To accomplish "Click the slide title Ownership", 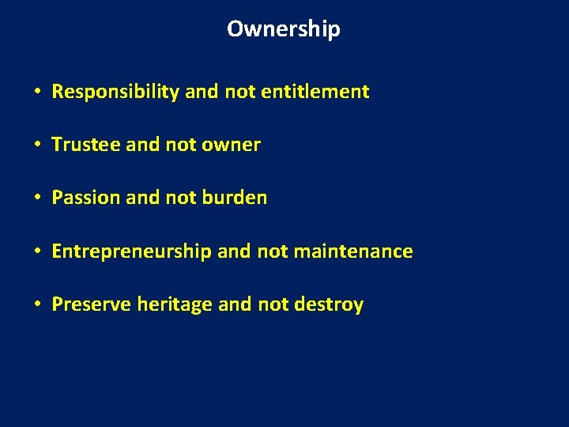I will pyautogui.click(x=284, y=29).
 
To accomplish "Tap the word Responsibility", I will pyautogui.click(x=115, y=92).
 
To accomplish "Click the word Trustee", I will pyautogui.click(x=85, y=145).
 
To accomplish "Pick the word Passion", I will pyautogui.click(x=85, y=198).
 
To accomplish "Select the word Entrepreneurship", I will pyautogui.click(x=131, y=251).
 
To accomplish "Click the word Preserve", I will pyautogui.click(x=91, y=304).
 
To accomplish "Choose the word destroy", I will pyautogui.click(x=329, y=304).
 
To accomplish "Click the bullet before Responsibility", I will pyautogui.click(x=38, y=93).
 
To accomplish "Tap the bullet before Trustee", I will pyautogui.click(x=38, y=145).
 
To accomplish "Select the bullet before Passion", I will pyautogui.click(x=38, y=198).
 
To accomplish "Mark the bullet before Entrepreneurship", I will pyautogui.click(x=38, y=252).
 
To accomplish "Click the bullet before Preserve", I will pyautogui.click(x=38, y=305).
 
